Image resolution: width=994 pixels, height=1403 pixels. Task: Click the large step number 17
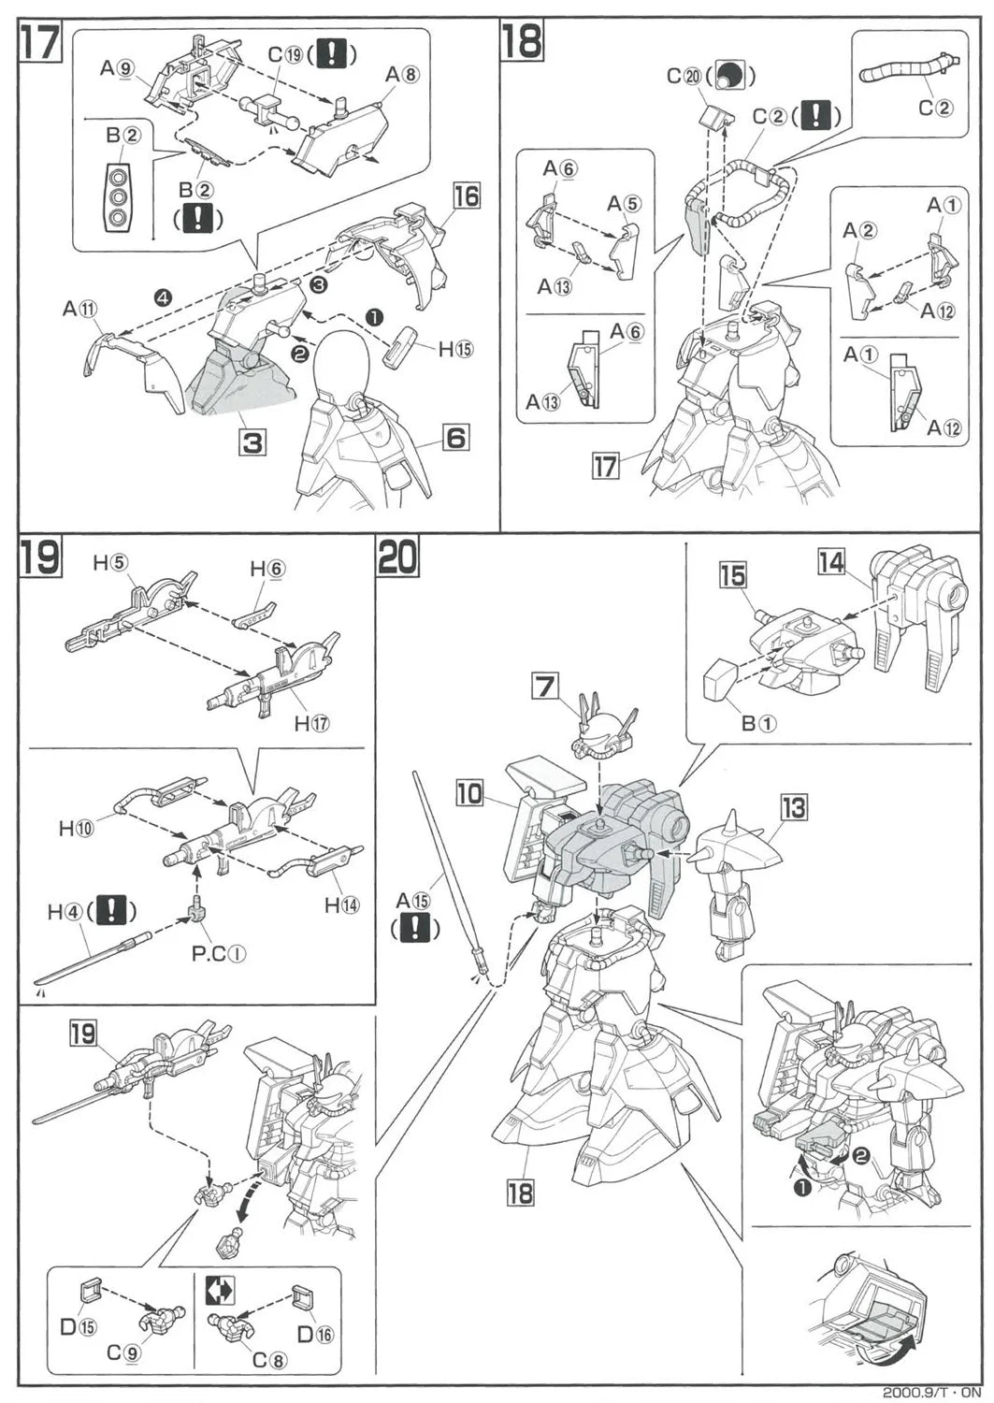coord(41,43)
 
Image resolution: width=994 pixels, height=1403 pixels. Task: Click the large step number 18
coord(523,43)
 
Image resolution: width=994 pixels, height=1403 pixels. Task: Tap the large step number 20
coord(398,557)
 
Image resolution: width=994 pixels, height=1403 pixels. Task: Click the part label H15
coord(456,349)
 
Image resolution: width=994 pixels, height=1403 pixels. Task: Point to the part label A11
coord(80,308)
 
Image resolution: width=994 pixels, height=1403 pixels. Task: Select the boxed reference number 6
coord(455,437)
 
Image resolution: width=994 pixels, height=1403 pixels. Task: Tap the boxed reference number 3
coord(252,441)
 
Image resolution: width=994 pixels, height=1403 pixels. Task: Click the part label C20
coord(684,77)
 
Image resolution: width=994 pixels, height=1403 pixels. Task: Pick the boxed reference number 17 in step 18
coord(606,465)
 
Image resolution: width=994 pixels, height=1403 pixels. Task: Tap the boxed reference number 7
coord(544,687)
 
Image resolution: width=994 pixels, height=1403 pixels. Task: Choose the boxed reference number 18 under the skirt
coord(520,1192)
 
